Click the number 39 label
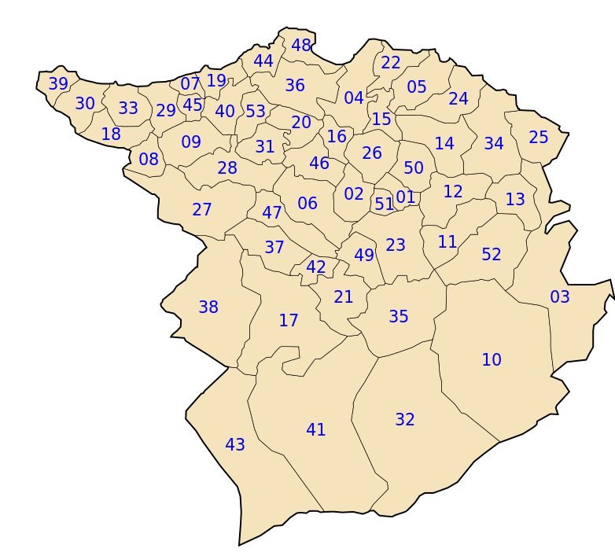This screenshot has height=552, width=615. (x=58, y=84)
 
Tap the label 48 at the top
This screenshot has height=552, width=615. (x=301, y=46)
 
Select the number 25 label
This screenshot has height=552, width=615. (x=539, y=138)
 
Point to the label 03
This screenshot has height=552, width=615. (x=560, y=297)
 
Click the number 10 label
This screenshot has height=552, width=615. (x=492, y=360)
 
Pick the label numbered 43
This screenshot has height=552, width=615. (x=235, y=445)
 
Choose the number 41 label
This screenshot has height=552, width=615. (x=316, y=430)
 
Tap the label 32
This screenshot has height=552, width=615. (x=405, y=420)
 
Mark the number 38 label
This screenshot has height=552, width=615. (x=208, y=307)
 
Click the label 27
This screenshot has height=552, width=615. (x=202, y=210)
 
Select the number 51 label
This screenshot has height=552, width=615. (x=385, y=204)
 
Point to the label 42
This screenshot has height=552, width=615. (x=316, y=267)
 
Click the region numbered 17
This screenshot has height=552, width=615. (x=289, y=321)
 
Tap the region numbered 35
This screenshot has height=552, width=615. (x=399, y=317)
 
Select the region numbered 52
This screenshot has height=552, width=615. (x=492, y=255)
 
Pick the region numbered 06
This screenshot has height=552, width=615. (x=307, y=204)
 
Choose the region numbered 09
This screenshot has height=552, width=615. (x=191, y=142)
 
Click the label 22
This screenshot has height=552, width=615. (x=391, y=63)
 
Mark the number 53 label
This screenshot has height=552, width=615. (x=256, y=112)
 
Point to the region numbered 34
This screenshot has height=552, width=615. (x=494, y=144)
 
